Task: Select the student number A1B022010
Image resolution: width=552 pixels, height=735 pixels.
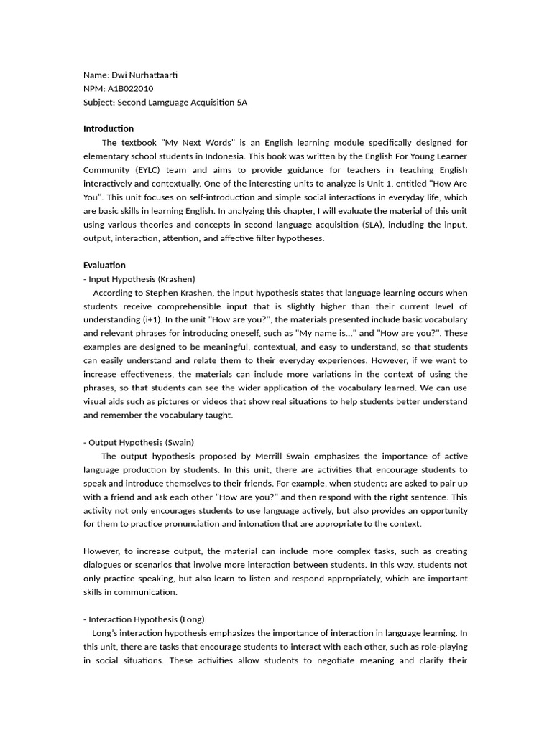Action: (x=132, y=88)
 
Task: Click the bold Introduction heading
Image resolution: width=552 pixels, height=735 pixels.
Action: (x=109, y=129)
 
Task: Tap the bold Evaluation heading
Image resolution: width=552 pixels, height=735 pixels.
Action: (x=104, y=266)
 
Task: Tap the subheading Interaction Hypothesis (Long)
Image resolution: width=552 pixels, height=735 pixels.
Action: (x=146, y=619)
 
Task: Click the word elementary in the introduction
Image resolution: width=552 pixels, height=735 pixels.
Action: (x=105, y=156)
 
